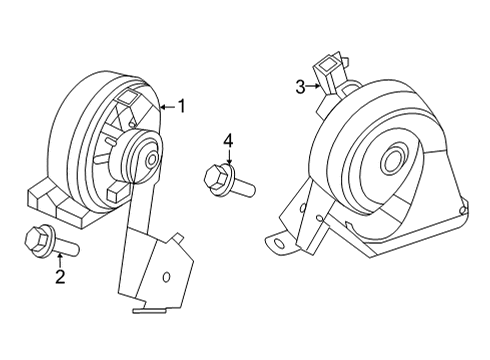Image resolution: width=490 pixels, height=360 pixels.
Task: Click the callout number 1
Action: click(x=181, y=104)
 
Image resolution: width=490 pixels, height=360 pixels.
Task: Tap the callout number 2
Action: click(x=60, y=277)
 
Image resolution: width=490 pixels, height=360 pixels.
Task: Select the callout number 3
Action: click(x=300, y=88)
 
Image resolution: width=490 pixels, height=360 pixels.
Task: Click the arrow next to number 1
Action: click(x=166, y=104)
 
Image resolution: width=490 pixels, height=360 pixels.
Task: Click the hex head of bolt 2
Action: click(x=32, y=239)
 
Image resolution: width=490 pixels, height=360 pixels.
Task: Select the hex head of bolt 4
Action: click(x=215, y=179)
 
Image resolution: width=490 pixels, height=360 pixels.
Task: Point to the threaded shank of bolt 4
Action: click(x=245, y=186)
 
